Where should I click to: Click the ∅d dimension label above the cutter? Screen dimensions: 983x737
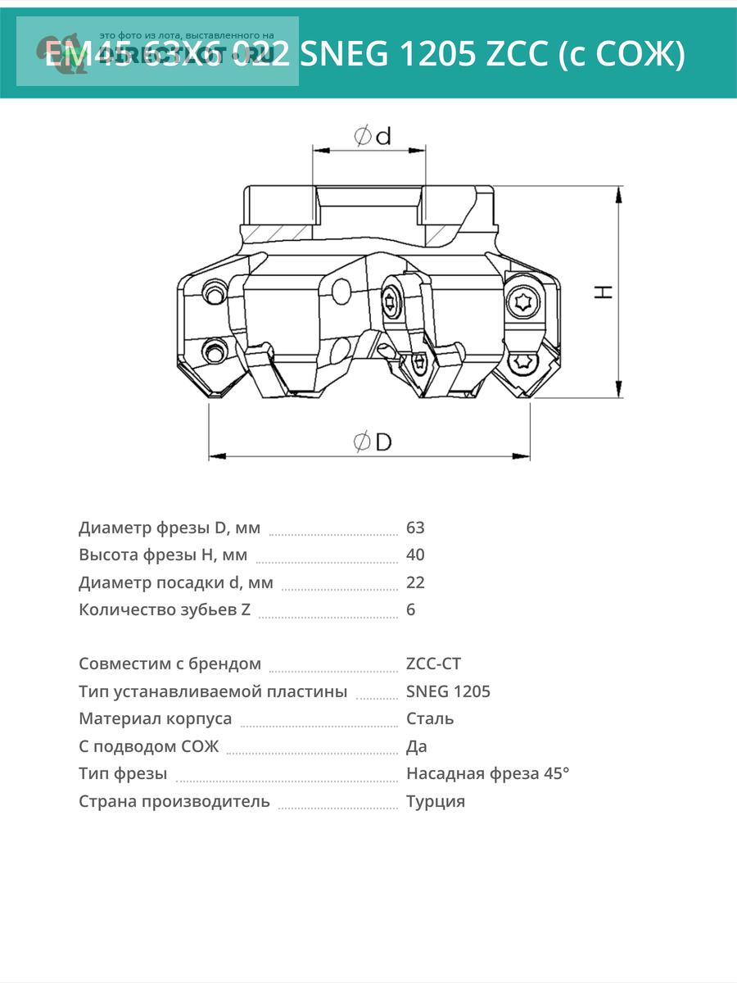tap(372, 136)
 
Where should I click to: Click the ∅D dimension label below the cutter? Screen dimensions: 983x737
tap(373, 442)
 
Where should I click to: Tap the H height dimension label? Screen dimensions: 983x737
tap(604, 292)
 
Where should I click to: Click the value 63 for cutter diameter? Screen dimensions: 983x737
tap(415, 528)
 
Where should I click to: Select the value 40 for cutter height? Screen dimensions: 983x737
tap(415, 555)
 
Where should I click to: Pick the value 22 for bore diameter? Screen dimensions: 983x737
tap(415, 582)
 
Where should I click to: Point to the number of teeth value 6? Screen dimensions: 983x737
tap(410, 609)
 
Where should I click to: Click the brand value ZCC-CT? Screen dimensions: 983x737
tap(433, 664)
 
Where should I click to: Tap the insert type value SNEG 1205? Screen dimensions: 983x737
tap(448, 691)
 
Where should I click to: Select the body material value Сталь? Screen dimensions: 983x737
tap(430, 718)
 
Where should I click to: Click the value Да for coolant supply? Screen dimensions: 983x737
tap(416, 746)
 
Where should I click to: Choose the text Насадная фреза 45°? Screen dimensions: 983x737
tap(487, 773)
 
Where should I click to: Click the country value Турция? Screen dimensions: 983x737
tap(436, 801)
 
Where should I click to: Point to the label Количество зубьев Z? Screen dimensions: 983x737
tap(165, 609)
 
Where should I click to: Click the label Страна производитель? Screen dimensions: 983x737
tap(174, 801)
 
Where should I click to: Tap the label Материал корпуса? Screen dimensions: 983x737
tap(156, 718)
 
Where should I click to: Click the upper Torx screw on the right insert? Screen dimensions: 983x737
tap(521, 302)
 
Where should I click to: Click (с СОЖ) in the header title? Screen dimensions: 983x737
tap(622, 54)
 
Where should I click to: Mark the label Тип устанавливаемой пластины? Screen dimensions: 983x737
tap(213, 691)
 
